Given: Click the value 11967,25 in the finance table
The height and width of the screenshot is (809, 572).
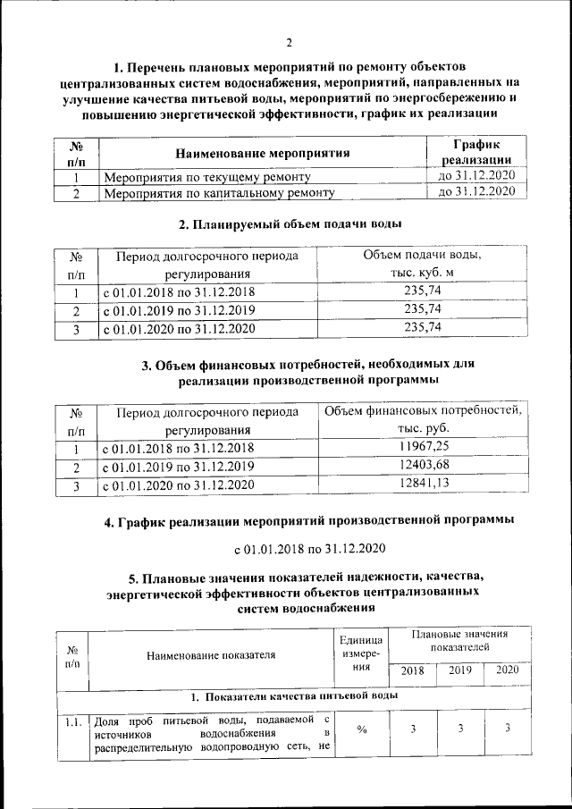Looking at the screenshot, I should click(424, 447).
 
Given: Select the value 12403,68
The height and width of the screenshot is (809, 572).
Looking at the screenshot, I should click(424, 466).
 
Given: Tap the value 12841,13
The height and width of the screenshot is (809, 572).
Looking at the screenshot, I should click(424, 485).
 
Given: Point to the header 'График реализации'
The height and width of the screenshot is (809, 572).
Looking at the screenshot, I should click(476, 151).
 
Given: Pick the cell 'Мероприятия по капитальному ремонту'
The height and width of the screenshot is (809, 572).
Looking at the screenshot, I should click(219, 192).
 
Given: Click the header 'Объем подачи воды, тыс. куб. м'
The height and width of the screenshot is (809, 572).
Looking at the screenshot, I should click(423, 264).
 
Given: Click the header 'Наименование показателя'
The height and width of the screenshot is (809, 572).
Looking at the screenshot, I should click(211, 655).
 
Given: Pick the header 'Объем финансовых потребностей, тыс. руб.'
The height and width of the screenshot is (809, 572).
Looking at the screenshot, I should click(423, 419).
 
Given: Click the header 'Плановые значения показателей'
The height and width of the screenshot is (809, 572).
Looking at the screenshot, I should click(459, 639).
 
